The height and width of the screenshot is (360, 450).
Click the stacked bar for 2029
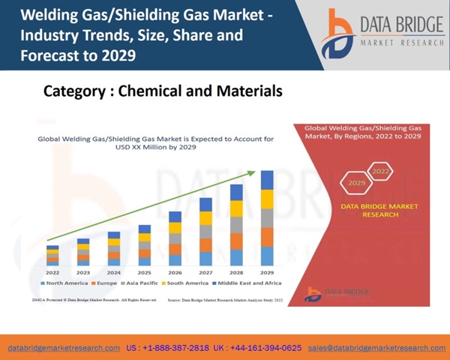267,217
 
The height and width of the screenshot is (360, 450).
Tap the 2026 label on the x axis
175,272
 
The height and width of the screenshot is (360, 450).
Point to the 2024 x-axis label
113,272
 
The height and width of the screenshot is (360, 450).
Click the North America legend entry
66,283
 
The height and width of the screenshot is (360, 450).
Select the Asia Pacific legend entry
143,283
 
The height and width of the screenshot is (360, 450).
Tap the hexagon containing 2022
381,172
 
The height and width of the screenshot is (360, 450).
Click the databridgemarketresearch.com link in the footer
64,348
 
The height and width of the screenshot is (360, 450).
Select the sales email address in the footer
376,348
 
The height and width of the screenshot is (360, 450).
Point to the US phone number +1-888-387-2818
168,348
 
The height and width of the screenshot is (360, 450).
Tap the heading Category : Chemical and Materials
163,91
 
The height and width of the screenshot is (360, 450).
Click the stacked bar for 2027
205,232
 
